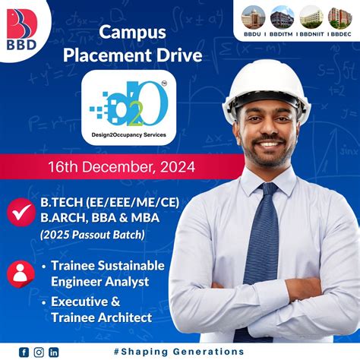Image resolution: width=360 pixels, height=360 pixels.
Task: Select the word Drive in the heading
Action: [x=163, y=55]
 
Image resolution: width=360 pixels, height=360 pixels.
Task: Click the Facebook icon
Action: [x=24, y=352]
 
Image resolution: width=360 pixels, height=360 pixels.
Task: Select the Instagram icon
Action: [x=39, y=352]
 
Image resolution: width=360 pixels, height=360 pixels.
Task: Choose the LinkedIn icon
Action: [x=53, y=352]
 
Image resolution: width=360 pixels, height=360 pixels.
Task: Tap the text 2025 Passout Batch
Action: [x=93, y=235]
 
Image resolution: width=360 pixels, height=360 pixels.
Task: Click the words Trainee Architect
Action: [x=102, y=317]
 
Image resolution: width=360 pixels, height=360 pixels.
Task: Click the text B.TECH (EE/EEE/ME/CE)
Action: [x=112, y=202]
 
